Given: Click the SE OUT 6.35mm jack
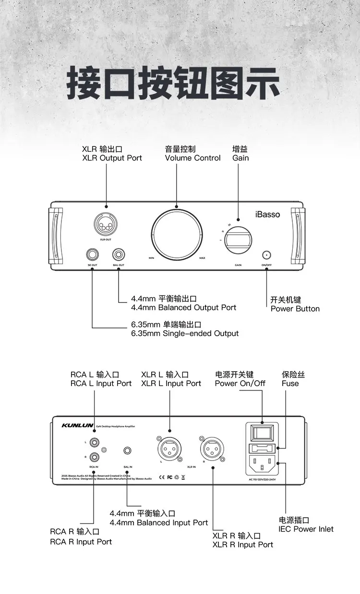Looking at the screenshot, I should (92, 254).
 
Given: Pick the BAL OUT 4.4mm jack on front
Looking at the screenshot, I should (118, 254).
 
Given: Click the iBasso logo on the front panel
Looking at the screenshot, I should (267, 215).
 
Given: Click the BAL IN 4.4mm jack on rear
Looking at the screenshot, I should (127, 451).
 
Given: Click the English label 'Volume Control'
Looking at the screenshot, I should (192, 158).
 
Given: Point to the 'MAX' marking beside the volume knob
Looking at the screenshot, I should (202, 258).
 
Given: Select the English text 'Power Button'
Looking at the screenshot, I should (295, 309).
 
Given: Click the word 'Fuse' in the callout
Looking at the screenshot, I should (290, 383).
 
